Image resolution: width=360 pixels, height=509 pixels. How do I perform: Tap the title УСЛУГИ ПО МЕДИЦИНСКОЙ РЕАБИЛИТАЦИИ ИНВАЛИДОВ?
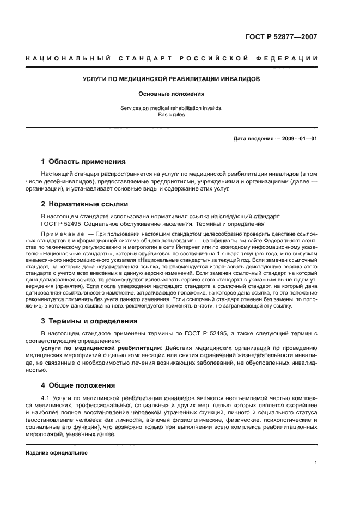[x=171, y=79]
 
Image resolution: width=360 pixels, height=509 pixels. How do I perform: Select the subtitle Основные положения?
[x=171, y=94]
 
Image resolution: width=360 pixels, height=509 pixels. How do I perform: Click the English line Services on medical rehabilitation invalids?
[x=171, y=108]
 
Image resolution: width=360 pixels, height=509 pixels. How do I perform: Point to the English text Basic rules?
[x=171, y=115]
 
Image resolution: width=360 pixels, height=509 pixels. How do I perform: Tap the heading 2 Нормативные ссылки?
[x=84, y=204]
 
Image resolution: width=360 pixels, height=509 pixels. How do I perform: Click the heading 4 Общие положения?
[x=78, y=385]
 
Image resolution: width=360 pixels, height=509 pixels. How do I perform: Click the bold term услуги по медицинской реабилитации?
[x=100, y=347]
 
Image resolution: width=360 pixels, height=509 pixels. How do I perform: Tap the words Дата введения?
[x=253, y=138]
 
